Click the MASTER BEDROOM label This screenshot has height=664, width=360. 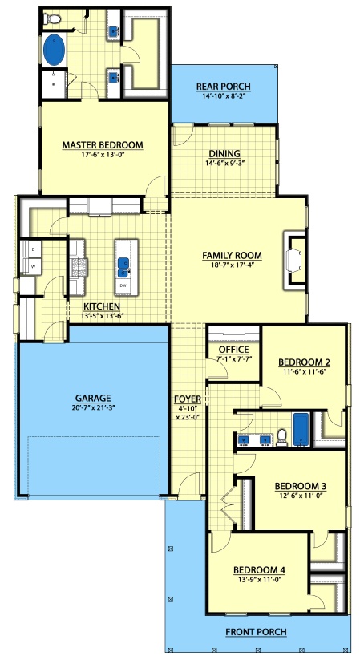coord(103,145)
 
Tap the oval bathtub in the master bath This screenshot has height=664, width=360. coord(55,50)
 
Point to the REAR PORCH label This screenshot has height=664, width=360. coord(223,87)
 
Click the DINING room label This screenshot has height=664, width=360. coord(224,154)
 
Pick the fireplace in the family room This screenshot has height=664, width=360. coord(295,261)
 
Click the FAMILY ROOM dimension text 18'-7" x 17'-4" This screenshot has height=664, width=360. coord(232,265)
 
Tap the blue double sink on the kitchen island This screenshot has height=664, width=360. coord(123,265)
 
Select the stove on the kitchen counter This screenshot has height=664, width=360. coord(79,267)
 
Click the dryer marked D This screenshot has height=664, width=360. coord(32,249)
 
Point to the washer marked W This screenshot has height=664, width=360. coord(32,267)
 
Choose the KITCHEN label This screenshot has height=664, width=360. coord(102,306)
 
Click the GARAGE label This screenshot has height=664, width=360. coord(93,398)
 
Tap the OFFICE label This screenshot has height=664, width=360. coord(234,350)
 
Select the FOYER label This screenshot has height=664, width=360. coord(188,399)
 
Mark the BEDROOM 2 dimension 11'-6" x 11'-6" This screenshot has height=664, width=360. coord(304,371)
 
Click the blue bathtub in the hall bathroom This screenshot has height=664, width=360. coord(301,429)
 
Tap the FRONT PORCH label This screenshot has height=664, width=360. coord(256,632)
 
